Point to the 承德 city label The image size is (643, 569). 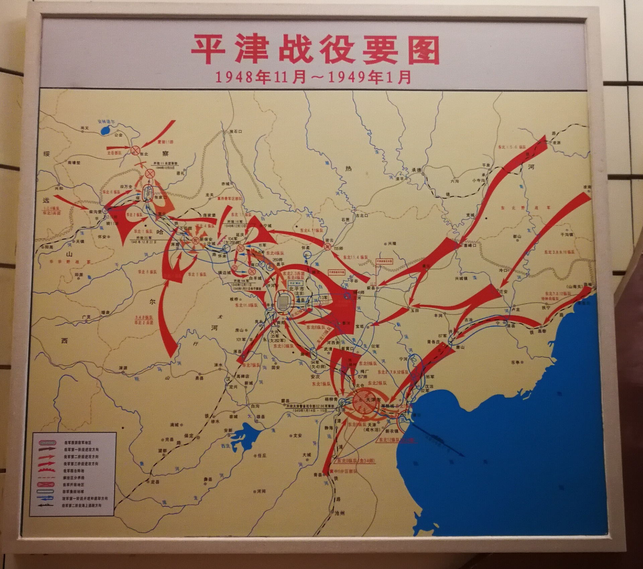(417, 170)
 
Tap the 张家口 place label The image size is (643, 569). (160, 198)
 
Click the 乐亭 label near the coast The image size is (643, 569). (515, 362)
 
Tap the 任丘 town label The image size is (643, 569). (262, 455)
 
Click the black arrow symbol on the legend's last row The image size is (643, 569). (46, 505)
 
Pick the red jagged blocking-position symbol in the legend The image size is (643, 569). (46, 470)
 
